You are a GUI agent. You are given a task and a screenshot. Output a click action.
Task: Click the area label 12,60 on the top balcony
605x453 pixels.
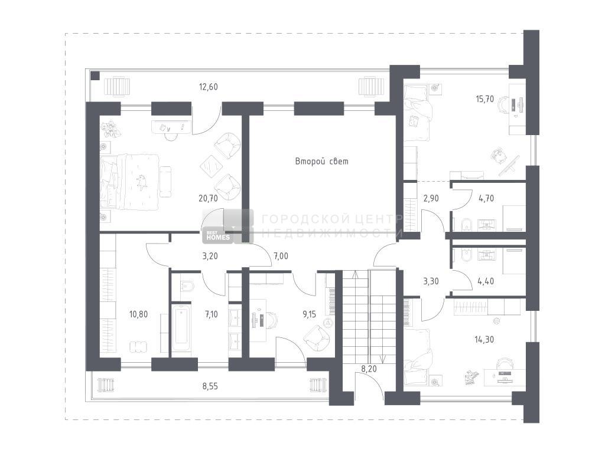click(209, 87)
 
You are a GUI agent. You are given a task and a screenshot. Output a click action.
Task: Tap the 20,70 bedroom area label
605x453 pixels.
click(209, 198)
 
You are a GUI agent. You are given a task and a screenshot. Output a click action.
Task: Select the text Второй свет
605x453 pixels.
click(322, 162)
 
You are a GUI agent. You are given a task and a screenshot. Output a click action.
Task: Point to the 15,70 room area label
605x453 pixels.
click(484, 99)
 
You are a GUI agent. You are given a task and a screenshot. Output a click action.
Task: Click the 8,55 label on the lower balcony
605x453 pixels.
click(210, 386)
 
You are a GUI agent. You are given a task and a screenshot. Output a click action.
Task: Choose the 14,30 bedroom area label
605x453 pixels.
click(484, 339)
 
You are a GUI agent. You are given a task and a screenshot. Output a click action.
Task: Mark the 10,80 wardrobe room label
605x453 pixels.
click(138, 314)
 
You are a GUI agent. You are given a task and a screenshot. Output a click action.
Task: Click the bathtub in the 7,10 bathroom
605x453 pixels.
click(181, 328)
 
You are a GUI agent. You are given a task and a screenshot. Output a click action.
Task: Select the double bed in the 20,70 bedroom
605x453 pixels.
click(129, 182)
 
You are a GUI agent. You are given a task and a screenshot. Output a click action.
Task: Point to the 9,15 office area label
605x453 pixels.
click(309, 314)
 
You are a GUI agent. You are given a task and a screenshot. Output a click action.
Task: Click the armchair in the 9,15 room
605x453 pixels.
click(317, 338)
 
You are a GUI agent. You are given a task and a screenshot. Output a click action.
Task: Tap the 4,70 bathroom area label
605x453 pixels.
click(486, 198)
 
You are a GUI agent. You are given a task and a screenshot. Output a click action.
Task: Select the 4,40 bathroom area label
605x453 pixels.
click(486, 281)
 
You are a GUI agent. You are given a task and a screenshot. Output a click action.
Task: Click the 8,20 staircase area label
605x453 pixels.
click(369, 369)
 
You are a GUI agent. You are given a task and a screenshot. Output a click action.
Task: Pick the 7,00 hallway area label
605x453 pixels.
click(281, 256)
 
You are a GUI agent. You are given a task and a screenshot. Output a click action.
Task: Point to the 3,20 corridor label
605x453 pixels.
click(210, 256)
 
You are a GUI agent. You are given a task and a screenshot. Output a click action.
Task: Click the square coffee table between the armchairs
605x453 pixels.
click(212, 166)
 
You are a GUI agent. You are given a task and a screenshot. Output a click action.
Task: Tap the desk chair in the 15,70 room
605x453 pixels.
click(505, 104)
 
